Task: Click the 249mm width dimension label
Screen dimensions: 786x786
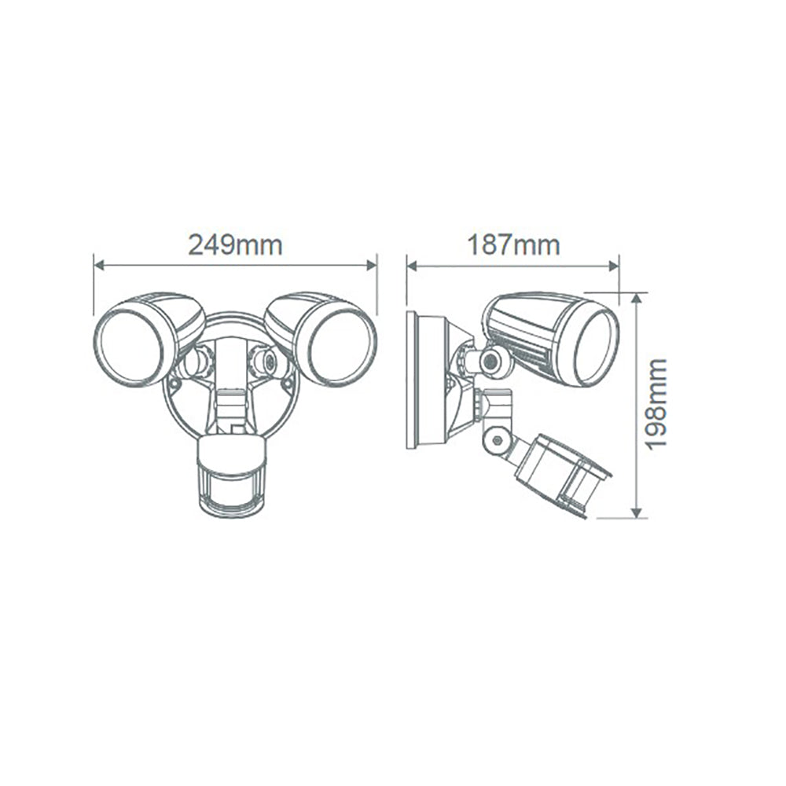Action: (234, 244)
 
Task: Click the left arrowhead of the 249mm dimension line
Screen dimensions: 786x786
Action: (98, 266)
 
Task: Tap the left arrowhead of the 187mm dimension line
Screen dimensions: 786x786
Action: (411, 266)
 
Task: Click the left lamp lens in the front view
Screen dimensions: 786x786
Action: (129, 347)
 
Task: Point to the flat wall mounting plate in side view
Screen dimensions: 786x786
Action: (412, 380)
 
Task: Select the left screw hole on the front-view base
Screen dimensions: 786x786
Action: (173, 384)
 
